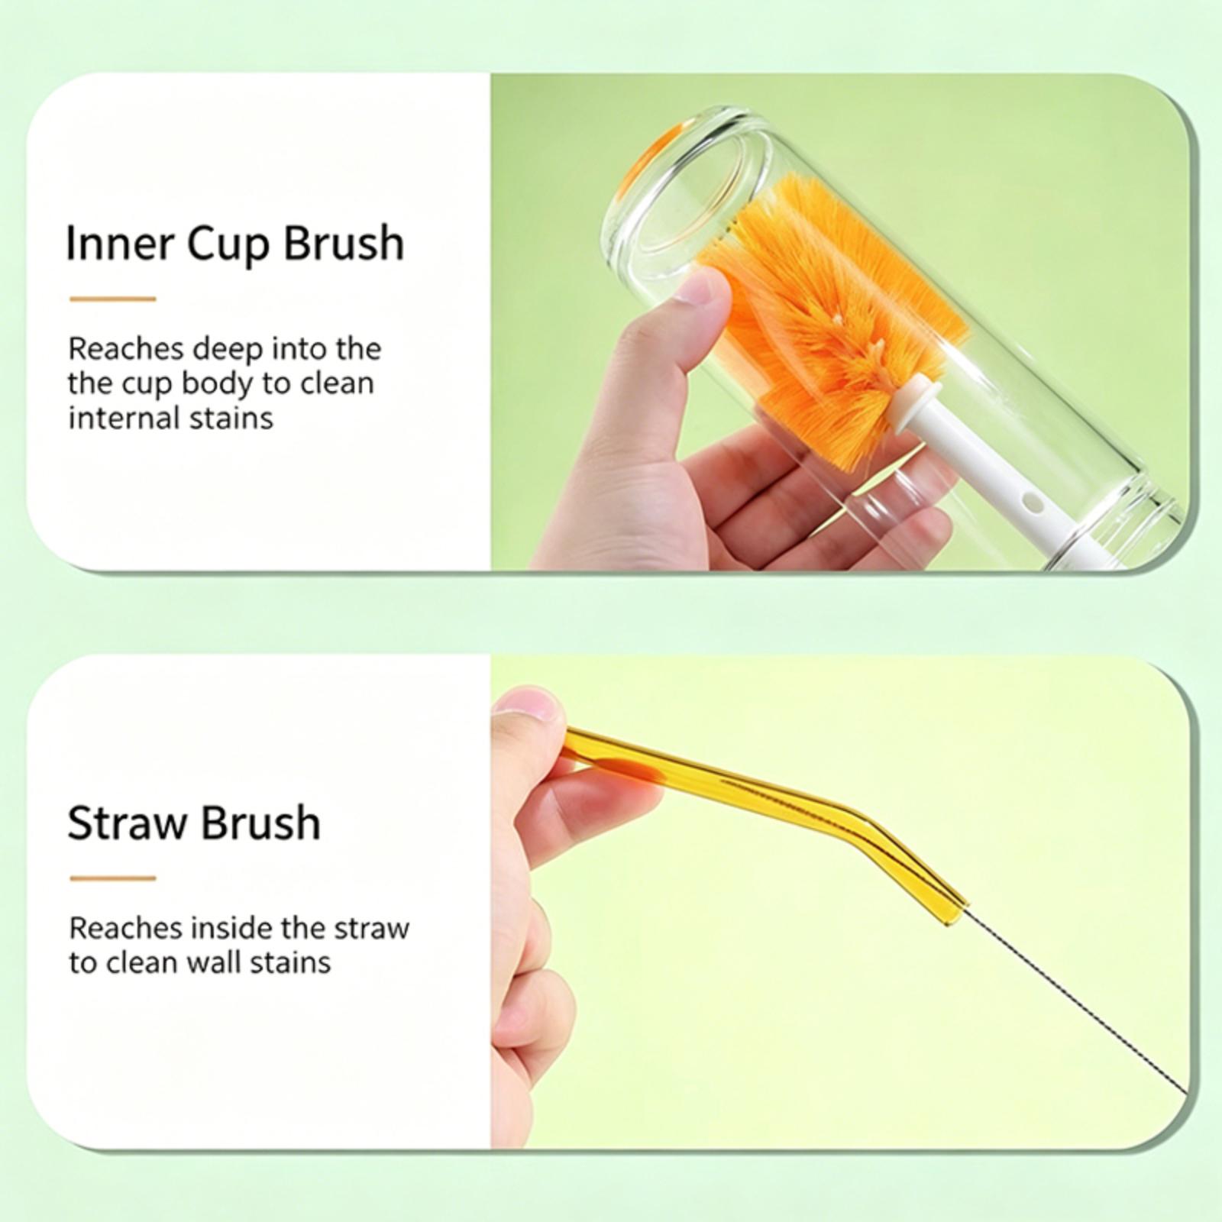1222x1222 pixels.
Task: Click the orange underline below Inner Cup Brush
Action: coord(113,299)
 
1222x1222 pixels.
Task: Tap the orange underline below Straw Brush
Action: coord(113,878)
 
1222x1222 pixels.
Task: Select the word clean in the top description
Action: coord(337,383)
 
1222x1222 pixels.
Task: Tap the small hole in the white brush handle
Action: coord(1032,504)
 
